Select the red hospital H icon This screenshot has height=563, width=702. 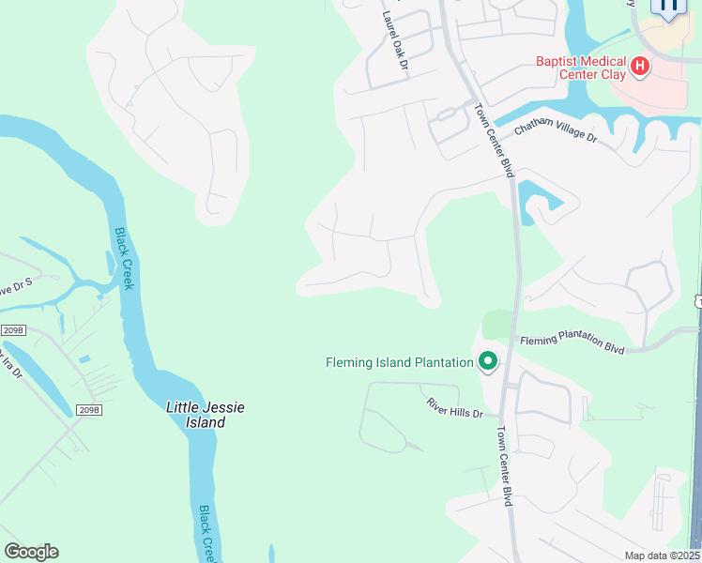(x=640, y=66)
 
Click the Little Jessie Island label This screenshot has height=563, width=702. (x=205, y=415)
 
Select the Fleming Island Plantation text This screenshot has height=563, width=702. (x=399, y=362)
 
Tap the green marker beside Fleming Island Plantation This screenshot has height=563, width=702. (x=487, y=361)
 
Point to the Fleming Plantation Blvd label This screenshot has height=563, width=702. (x=572, y=343)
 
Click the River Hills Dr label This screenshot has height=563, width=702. (x=454, y=407)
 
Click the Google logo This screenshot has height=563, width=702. (x=31, y=552)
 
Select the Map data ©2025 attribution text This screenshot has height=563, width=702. (x=663, y=555)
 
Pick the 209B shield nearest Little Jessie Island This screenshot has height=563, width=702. (x=89, y=410)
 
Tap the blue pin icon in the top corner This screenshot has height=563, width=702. (x=668, y=8)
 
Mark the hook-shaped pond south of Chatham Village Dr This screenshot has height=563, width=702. (x=542, y=199)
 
